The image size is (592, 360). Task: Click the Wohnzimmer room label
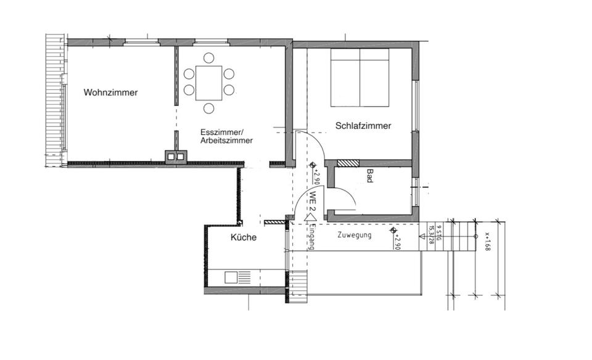tap(111, 93)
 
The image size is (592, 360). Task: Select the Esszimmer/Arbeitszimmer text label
tap(226, 136)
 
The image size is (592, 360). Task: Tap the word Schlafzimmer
tap(363, 126)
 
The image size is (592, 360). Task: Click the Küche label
tap(244, 237)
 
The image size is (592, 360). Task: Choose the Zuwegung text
tap(355, 235)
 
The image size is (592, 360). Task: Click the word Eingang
tap(313, 237)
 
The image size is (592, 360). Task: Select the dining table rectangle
tap(209, 83)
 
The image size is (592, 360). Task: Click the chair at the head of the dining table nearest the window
tap(209, 58)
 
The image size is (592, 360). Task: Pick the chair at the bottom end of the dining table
tap(209, 108)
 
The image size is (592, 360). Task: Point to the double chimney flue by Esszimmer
tap(175, 157)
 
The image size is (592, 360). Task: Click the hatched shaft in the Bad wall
tap(347, 163)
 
